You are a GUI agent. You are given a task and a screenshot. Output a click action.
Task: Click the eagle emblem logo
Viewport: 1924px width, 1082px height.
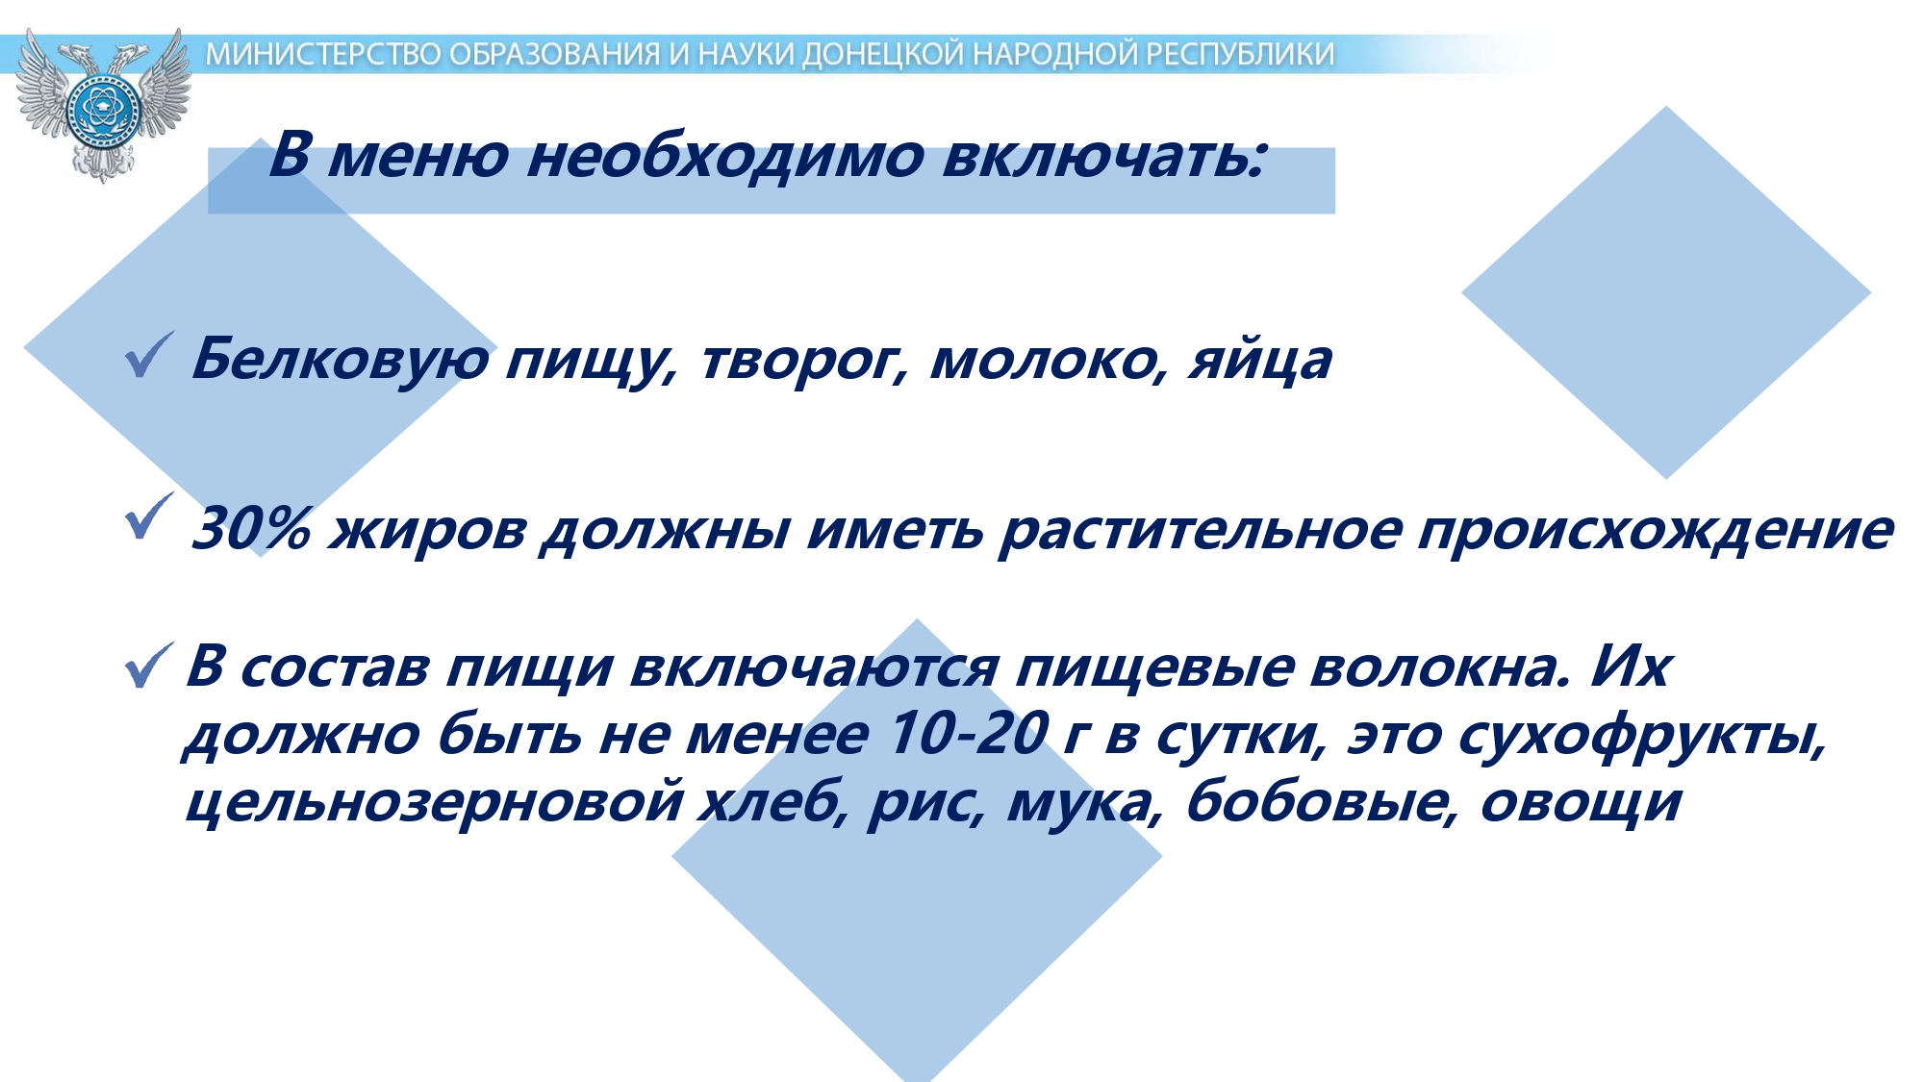(103, 104)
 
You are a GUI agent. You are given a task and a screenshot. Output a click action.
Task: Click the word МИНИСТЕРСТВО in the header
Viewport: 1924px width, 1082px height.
(325, 55)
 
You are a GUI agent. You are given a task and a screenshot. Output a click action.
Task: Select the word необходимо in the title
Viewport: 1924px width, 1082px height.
(725, 156)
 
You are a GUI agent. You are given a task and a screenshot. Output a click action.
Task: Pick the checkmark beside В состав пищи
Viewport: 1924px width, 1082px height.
(149, 666)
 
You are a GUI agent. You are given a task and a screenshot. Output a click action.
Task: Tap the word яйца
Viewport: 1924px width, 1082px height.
(1260, 361)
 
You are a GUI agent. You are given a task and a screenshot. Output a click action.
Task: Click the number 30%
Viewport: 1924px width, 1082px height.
(252, 528)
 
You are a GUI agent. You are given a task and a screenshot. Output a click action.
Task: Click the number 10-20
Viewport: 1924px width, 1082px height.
(967, 734)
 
